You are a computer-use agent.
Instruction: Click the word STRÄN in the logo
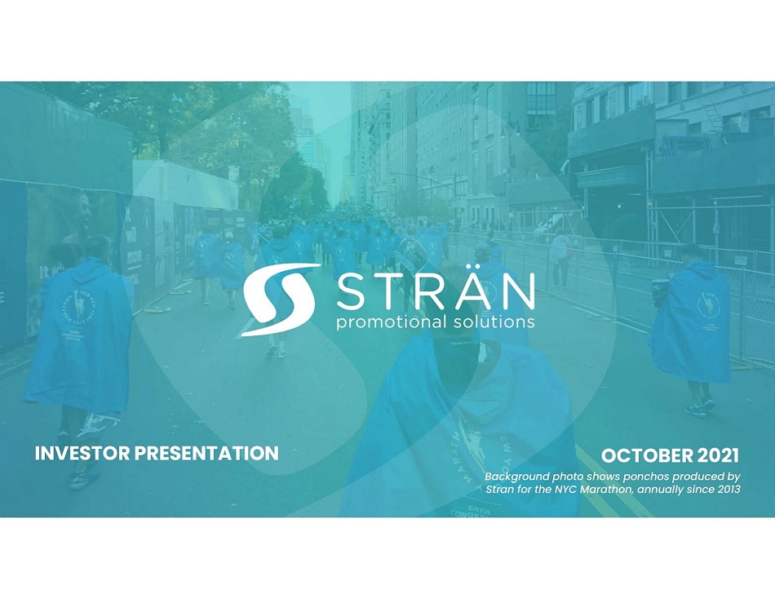point(436,292)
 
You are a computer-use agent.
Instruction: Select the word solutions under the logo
point(494,322)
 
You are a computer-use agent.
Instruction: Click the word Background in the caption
point(510,477)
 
